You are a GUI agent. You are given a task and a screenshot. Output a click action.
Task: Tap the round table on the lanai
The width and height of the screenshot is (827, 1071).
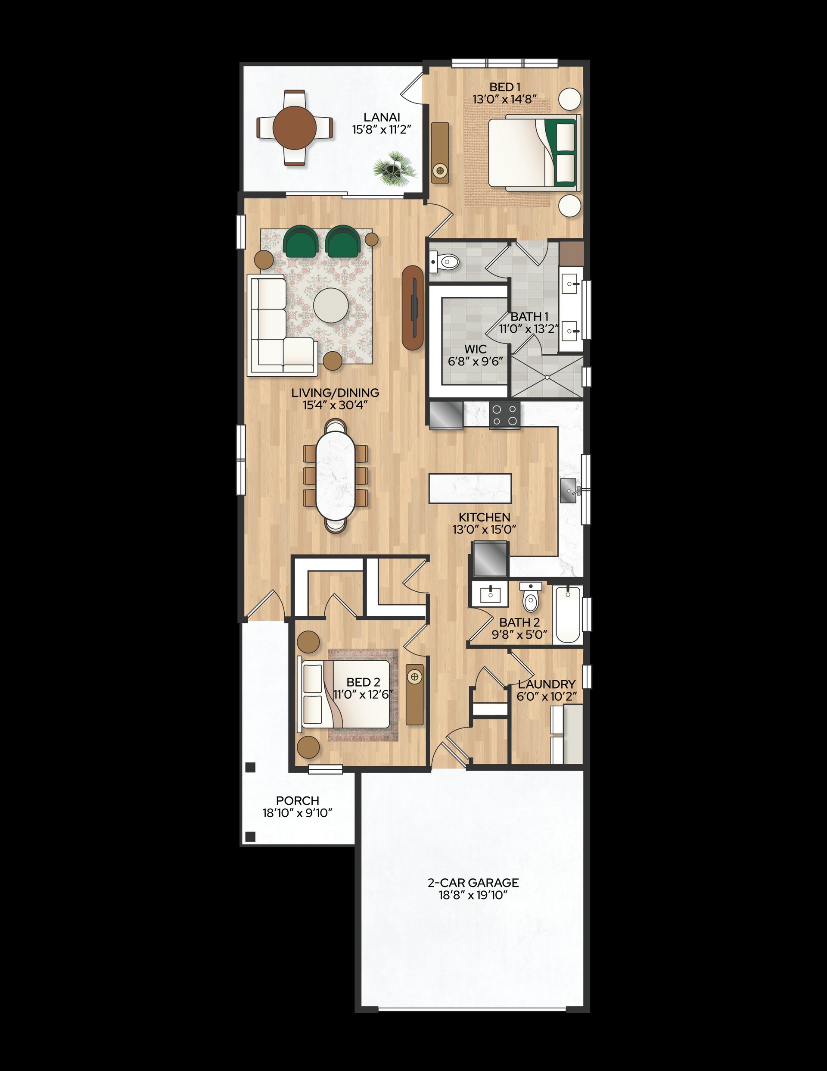(x=294, y=128)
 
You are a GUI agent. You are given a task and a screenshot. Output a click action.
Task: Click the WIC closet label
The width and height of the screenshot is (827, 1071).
(x=475, y=349)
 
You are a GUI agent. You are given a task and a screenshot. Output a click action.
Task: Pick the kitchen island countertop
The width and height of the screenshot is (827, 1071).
(x=470, y=488)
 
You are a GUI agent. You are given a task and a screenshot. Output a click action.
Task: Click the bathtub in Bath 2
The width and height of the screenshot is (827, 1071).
(x=568, y=614)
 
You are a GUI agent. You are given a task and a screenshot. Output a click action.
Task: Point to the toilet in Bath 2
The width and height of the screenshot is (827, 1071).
(x=530, y=597)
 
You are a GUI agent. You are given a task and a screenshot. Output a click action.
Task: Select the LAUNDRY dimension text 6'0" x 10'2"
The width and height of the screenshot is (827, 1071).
(x=547, y=696)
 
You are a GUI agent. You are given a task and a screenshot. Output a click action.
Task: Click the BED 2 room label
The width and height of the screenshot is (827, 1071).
(x=363, y=682)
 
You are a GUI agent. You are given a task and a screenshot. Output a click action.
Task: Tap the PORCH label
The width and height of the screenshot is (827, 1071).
(x=298, y=800)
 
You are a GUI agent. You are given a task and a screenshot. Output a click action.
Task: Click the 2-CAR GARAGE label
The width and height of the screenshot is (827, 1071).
(x=473, y=883)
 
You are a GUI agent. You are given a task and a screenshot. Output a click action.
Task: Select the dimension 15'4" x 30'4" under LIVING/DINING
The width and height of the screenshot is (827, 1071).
(x=335, y=405)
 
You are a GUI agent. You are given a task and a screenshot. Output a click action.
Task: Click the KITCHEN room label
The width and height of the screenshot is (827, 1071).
(x=484, y=517)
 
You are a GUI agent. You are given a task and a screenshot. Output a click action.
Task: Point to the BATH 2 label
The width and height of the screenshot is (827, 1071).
(x=519, y=622)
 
